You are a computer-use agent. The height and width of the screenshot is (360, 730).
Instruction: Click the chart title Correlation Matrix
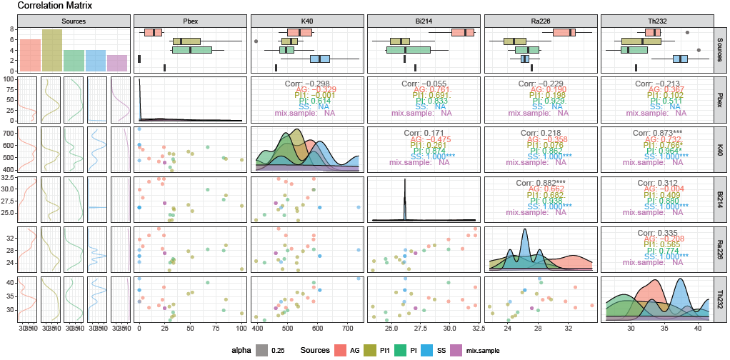47,6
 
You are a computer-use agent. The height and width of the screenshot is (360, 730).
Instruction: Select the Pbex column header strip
191,20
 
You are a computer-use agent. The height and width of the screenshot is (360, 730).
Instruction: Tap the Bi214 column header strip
424,20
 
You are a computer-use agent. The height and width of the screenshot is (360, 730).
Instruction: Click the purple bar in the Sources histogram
118,63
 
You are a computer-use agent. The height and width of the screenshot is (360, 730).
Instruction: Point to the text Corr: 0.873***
658,134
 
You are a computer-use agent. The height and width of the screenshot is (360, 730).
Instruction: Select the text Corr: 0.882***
541,183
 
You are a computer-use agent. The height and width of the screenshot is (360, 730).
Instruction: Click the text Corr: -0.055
424,84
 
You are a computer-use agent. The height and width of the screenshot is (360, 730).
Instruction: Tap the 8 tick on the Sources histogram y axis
13,29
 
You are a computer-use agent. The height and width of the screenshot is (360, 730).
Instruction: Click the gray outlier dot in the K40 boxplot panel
256,41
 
